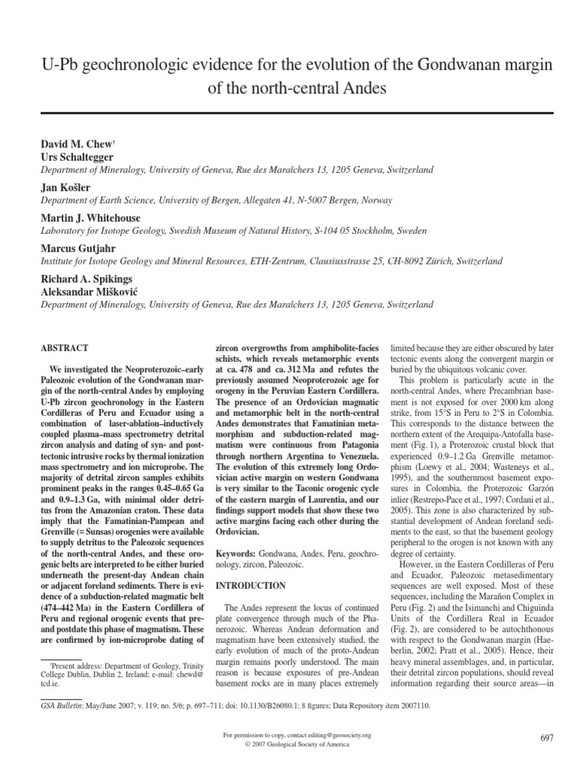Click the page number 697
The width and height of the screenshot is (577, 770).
coord(546,738)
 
